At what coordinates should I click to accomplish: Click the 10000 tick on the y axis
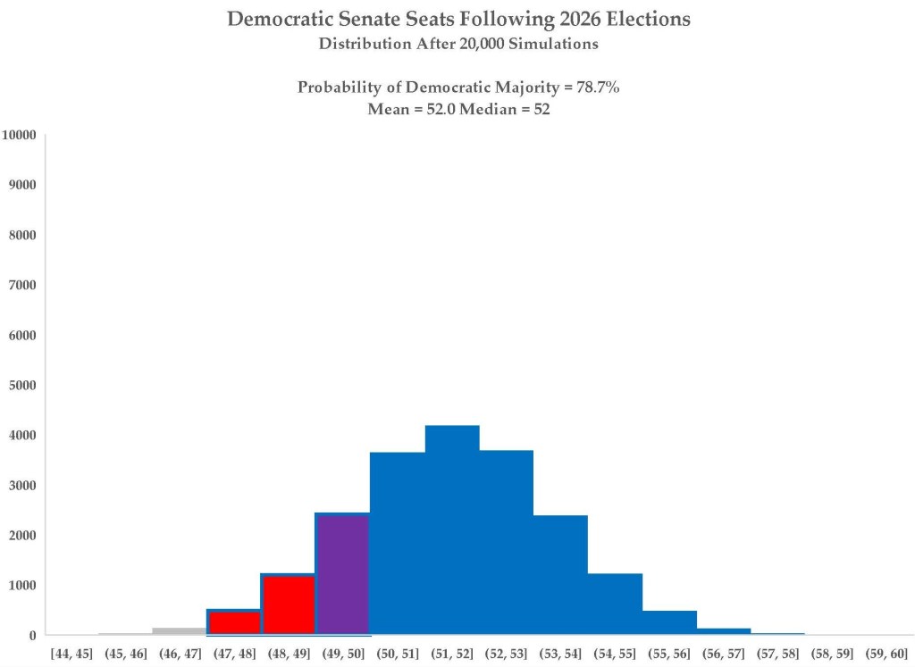pos(19,135)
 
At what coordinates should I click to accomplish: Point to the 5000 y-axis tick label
pos(22,386)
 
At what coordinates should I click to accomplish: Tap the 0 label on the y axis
pos(33,636)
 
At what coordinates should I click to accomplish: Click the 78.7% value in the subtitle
pos(598,88)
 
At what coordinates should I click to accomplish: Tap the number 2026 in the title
pos(580,19)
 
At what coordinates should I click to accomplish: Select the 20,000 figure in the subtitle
pos(482,45)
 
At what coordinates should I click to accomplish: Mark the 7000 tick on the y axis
pos(22,285)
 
